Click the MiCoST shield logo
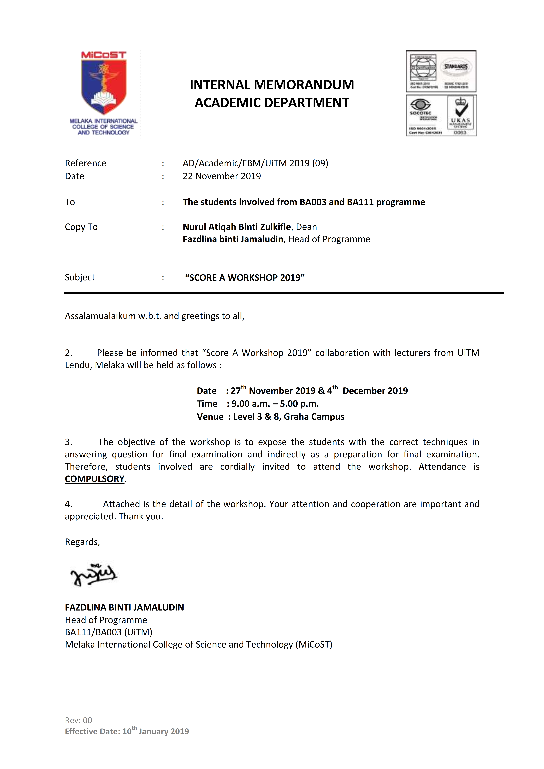pyautogui.click(x=104, y=84)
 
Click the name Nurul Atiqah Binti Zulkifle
pyautogui.click(x=237, y=227)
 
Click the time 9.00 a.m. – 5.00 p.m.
pyautogui.click(x=275, y=404)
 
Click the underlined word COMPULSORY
pyautogui.click(x=94, y=479)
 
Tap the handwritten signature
pyautogui.click(x=93, y=575)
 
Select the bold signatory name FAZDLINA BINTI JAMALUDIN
pyautogui.click(x=124, y=608)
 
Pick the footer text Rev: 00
pyautogui.click(x=78, y=720)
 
